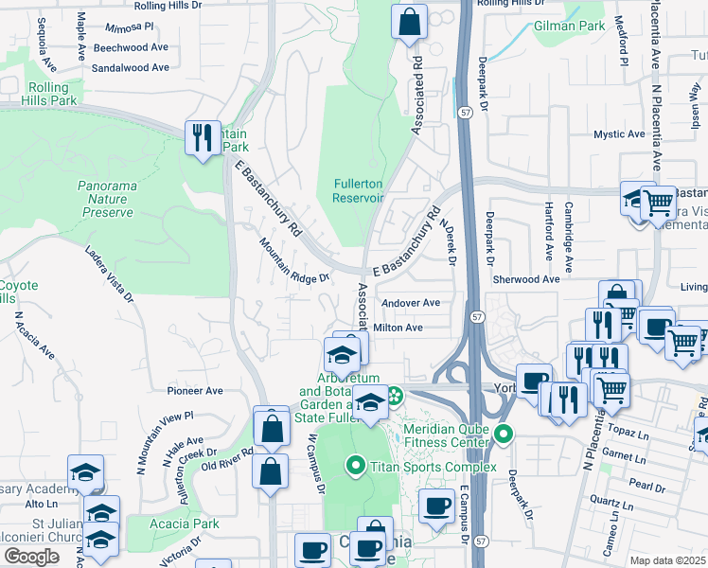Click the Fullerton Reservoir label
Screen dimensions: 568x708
point(358,190)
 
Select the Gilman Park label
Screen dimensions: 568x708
point(569,27)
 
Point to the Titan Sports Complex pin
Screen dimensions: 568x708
point(356,466)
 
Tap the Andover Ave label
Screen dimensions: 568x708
point(411,303)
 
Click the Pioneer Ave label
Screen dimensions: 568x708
point(194,390)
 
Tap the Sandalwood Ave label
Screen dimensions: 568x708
point(131,67)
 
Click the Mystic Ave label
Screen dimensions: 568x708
point(619,134)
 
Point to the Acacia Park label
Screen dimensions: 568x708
point(185,524)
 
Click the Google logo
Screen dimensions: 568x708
point(31,557)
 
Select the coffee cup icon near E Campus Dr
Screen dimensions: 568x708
point(436,507)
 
